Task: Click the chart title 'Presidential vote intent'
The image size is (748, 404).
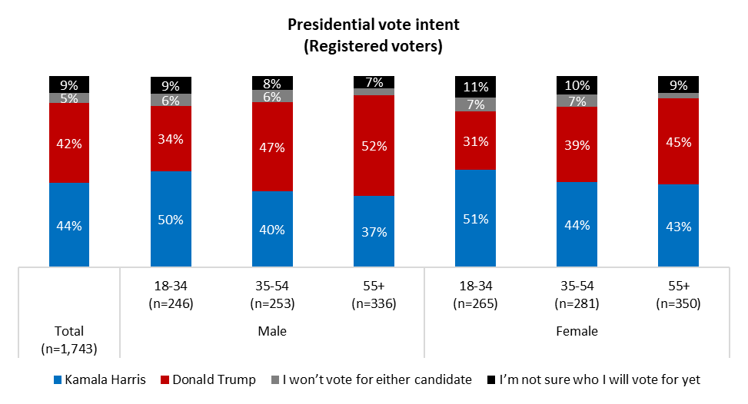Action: (x=374, y=25)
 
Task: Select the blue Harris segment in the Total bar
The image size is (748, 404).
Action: (x=69, y=224)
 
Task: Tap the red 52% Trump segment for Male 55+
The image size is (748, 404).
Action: (x=374, y=146)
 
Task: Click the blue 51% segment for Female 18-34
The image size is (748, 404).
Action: (x=475, y=218)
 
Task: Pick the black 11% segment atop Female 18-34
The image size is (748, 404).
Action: (x=475, y=86)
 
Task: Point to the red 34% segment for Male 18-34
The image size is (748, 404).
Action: (x=171, y=138)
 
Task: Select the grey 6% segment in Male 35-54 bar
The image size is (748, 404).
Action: (x=272, y=96)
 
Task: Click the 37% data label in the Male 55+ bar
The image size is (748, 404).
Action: (x=374, y=231)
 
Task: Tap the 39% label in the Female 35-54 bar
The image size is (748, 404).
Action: (x=577, y=144)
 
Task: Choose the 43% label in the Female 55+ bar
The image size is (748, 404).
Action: (x=678, y=227)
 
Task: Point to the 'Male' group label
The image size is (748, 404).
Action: (x=272, y=333)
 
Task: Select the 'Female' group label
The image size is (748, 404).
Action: (x=577, y=333)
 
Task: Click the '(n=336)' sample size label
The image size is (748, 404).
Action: (x=374, y=303)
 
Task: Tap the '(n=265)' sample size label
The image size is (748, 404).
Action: (x=475, y=303)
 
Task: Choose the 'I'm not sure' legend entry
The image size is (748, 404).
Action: (x=595, y=379)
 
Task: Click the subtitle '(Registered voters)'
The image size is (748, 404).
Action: (x=374, y=46)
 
